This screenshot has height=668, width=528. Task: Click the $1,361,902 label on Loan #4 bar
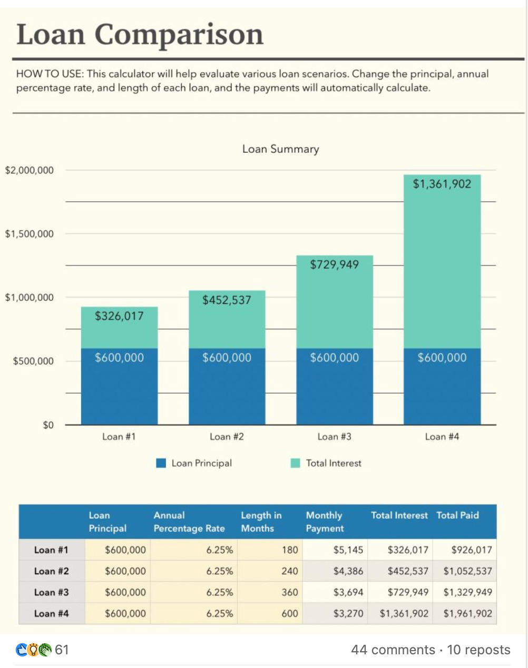tap(442, 184)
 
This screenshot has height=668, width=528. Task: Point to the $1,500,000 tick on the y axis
tap(30, 234)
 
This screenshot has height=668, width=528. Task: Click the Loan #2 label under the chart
tap(227, 437)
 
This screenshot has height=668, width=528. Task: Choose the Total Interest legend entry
tap(333, 463)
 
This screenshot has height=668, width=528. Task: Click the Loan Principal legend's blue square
tap(161, 463)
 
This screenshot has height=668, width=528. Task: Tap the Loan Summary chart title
tap(280, 149)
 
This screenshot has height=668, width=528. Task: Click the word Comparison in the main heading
tap(179, 35)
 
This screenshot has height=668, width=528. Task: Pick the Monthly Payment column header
tap(325, 522)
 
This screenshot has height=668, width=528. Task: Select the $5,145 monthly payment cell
tap(348, 550)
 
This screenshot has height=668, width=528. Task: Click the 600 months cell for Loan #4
tap(289, 614)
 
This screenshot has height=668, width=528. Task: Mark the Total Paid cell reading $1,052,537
tap(467, 571)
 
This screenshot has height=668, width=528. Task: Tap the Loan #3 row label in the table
tap(51, 592)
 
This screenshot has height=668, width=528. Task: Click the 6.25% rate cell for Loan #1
tap(219, 550)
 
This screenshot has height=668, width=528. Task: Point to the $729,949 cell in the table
tap(407, 592)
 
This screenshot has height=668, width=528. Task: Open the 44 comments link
tap(393, 650)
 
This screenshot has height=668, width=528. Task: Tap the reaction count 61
tap(62, 650)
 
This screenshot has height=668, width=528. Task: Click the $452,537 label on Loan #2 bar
tap(227, 300)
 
